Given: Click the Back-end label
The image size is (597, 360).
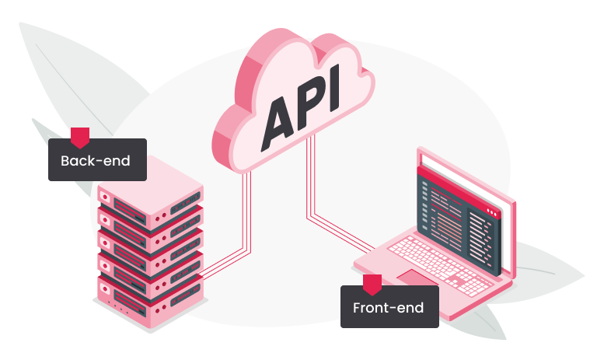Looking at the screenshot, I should [x=97, y=160].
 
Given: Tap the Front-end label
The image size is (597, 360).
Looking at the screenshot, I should [x=389, y=307].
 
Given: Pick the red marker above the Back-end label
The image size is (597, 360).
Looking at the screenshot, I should [x=80, y=137].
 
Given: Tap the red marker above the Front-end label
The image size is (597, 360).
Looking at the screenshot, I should [x=372, y=283].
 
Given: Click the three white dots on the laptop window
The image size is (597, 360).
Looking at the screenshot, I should [x=491, y=211].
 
